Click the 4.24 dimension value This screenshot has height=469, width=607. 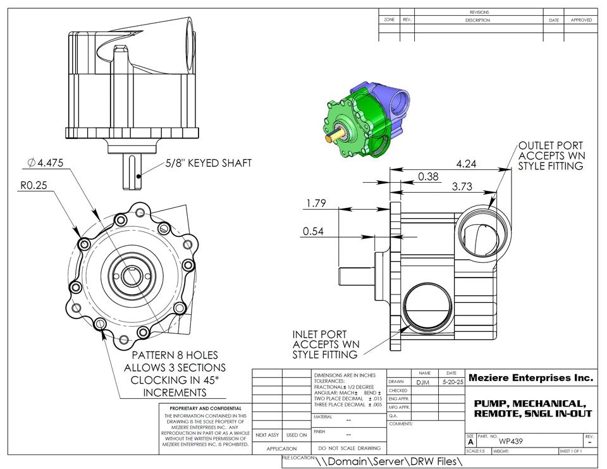tap(466, 163)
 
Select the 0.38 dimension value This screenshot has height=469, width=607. tap(428, 177)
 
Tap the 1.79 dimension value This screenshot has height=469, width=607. tap(315, 203)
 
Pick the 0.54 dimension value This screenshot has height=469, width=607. tap(314, 231)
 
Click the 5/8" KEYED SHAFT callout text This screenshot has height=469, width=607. tap(208, 163)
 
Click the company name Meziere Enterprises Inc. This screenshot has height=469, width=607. tap(531, 378)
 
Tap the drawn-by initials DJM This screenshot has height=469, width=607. tap(424, 382)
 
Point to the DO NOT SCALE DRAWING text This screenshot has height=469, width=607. tap(349, 448)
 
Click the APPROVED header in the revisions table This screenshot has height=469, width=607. tap(581, 20)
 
